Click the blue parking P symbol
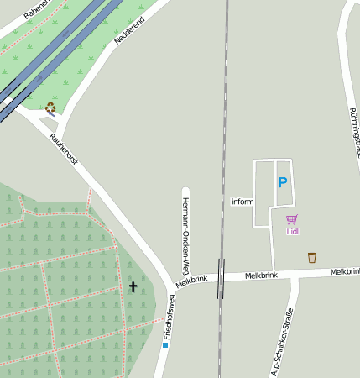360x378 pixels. tap(283, 181)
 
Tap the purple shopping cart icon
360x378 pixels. tap(291, 219)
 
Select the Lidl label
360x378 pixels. tap(292, 231)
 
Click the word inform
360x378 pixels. tap(243, 202)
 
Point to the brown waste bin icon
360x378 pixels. tap(312, 257)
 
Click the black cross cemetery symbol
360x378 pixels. tap(133, 287)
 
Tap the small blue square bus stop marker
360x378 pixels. tap(165, 344)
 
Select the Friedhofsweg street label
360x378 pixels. tap(170, 318)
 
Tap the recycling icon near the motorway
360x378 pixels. tap(50, 108)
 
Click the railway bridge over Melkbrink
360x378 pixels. tap(221, 278)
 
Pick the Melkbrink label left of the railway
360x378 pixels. tap(191, 280)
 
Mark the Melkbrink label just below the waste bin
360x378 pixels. tap(345, 271)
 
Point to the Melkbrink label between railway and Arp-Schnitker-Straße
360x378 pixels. tap(261, 276)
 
